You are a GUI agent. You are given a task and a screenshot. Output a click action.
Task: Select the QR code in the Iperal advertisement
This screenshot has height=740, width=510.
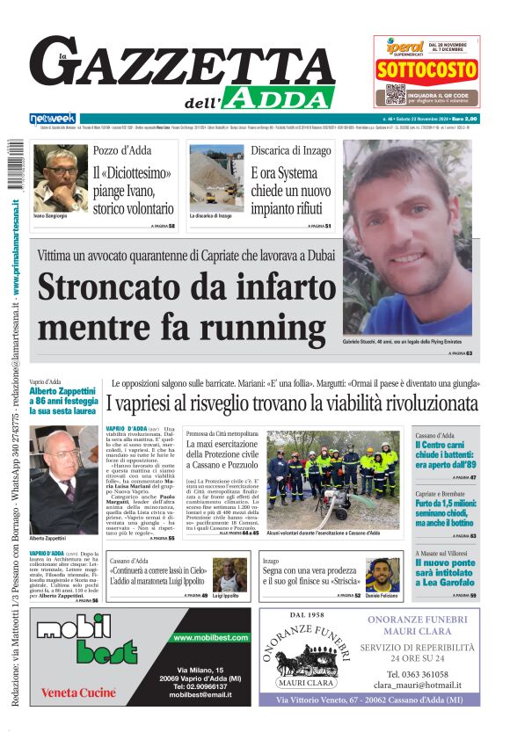tap(395, 93)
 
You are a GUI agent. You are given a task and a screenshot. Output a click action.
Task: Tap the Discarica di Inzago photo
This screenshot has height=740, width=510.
tap(215, 178)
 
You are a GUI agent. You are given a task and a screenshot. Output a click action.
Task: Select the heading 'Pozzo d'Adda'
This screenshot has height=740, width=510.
tap(122, 150)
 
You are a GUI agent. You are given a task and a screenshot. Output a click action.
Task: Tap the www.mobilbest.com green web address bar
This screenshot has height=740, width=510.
tap(208, 637)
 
